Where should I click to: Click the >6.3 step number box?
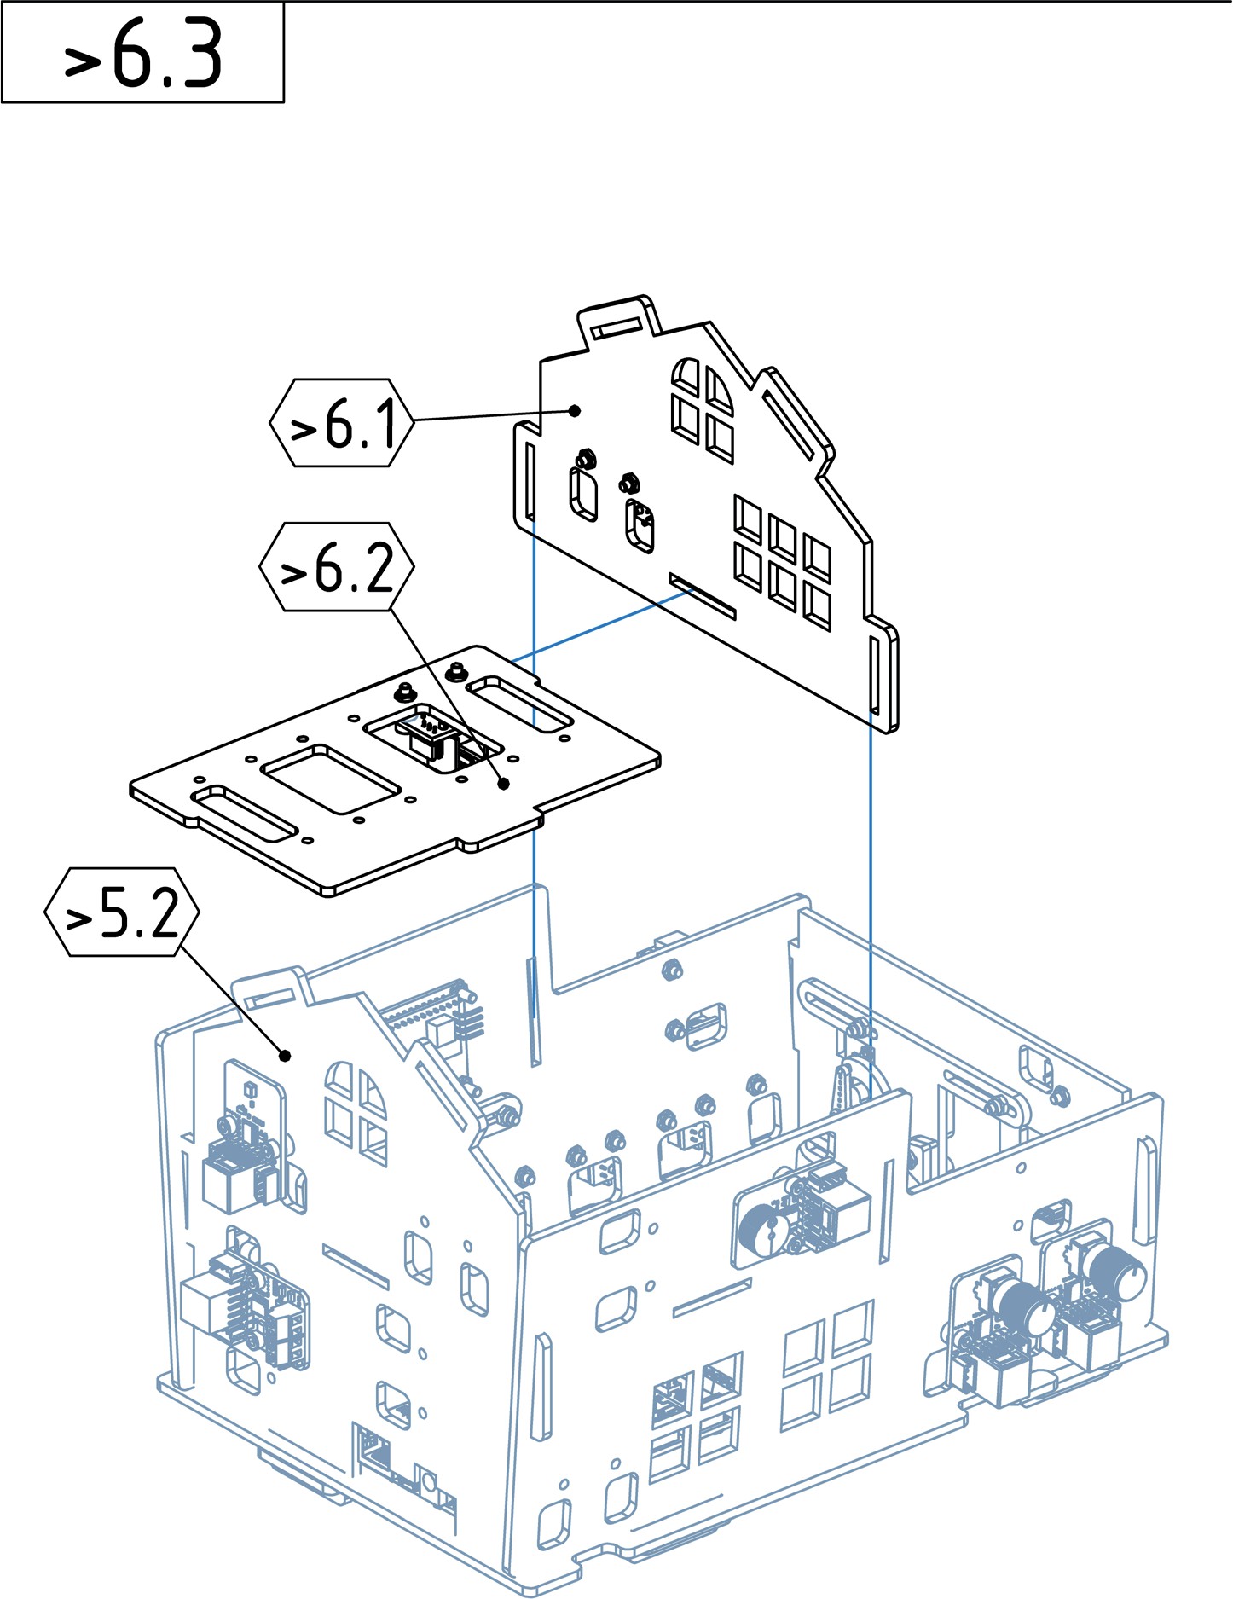tap(142, 52)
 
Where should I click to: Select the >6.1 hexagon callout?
tap(342, 423)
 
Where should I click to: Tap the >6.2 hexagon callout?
tap(337, 567)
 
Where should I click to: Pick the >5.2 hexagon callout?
tap(122, 912)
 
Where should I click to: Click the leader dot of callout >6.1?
tap(575, 411)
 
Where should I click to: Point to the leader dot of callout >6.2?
tap(503, 784)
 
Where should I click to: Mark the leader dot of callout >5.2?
tap(286, 1056)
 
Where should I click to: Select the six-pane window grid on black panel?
tap(782, 563)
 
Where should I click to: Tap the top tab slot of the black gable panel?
tap(617, 327)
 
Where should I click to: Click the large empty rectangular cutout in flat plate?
tap(331, 779)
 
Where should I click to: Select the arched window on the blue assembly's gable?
tap(354, 1115)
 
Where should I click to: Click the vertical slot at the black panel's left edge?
tap(530, 480)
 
